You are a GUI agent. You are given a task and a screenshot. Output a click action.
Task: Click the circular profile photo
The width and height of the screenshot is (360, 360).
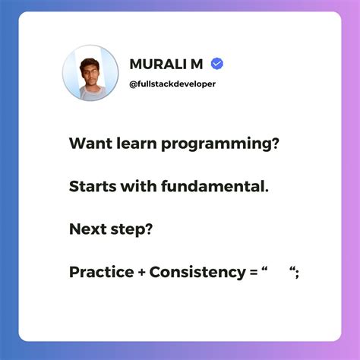[x=90, y=73]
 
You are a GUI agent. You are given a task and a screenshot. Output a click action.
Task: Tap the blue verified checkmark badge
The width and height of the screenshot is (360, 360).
[x=216, y=64]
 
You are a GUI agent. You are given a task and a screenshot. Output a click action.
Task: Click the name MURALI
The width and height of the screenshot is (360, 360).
[x=156, y=64]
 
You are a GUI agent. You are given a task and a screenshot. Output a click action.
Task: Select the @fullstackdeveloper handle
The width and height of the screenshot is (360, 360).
[x=172, y=83]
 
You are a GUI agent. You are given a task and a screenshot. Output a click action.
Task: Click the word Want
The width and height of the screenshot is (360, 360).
[x=87, y=144]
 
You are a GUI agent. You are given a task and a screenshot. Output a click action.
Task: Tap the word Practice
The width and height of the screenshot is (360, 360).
[x=100, y=271]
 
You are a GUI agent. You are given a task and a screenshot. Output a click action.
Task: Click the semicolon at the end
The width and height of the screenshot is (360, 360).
[x=298, y=273]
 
